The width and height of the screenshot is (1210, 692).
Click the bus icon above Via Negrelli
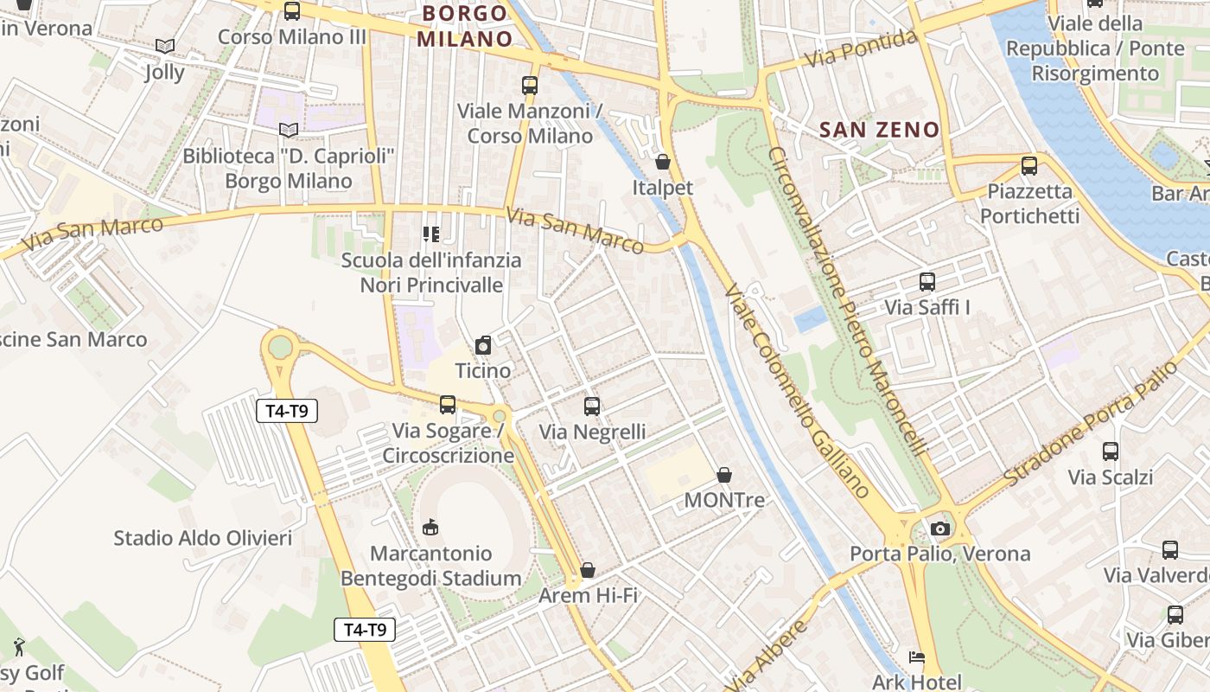(x=592, y=406)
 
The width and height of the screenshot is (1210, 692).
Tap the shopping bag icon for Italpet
(x=663, y=162)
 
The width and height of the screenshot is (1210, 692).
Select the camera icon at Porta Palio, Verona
(x=940, y=529)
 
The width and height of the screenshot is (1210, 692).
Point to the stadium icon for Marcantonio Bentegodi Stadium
(x=430, y=527)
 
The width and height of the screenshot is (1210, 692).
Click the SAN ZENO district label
(x=879, y=130)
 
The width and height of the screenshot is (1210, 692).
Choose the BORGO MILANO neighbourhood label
(x=465, y=26)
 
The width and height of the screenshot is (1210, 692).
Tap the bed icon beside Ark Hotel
(x=917, y=658)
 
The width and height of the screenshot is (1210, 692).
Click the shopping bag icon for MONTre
(x=724, y=475)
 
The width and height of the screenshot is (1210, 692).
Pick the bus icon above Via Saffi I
(x=927, y=281)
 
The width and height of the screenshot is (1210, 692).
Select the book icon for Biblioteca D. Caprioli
(x=289, y=131)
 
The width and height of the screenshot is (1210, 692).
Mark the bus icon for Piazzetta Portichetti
(x=1029, y=165)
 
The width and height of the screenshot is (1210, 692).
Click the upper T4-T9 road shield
(x=287, y=411)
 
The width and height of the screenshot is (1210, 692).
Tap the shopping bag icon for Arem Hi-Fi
(x=588, y=570)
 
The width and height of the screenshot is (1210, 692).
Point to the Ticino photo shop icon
(x=483, y=345)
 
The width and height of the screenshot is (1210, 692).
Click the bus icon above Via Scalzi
(x=1111, y=451)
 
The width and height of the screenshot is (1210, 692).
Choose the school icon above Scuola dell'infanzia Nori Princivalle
(x=430, y=234)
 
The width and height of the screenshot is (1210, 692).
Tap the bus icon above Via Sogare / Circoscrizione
(x=448, y=404)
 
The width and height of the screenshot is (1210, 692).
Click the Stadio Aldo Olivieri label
(x=203, y=538)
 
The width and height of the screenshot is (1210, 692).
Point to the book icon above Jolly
(x=165, y=46)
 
